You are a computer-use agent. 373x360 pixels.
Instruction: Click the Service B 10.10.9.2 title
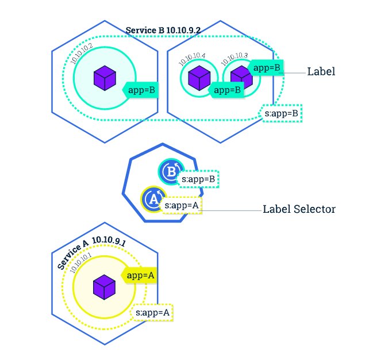coord(163,30)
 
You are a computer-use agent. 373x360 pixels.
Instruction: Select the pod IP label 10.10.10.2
coord(82,53)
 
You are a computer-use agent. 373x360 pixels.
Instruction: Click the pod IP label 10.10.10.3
coord(234,59)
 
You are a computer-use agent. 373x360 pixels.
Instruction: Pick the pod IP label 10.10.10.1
coord(80,263)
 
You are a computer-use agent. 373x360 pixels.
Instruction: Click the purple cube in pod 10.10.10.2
coord(105,78)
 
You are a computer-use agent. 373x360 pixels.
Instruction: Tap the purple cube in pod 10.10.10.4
coord(199,78)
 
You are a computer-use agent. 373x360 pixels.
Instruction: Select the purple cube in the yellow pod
coord(104,287)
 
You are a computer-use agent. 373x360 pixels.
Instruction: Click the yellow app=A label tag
coord(139,275)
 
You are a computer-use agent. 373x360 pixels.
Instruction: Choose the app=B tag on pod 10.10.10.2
coord(140,90)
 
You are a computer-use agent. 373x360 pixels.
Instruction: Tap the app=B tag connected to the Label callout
coord(266,68)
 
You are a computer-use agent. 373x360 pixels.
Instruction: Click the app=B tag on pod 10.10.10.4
coord(226,90)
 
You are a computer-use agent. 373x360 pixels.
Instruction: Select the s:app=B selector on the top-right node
coord(280,113)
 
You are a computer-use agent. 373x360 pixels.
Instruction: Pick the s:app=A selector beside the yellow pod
coord(152,312)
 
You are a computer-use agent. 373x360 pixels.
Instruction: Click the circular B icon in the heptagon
coord(171,171)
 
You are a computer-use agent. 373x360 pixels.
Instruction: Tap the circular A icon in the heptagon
coord(153,199)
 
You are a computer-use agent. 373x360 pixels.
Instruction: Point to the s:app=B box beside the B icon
coord(198,179)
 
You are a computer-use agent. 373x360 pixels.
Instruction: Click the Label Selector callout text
coord(299,209)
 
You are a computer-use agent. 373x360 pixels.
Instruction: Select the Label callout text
coord(321,71)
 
